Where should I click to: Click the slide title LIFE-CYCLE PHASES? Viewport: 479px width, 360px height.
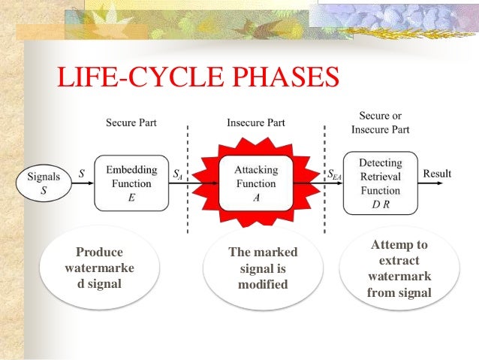pyautogui.click(x=198, y=77)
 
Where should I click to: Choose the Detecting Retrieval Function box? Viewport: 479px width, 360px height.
pyautogui.click(x=380, y=182)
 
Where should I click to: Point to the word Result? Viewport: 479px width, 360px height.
pyautogui.click(x=437, y=174)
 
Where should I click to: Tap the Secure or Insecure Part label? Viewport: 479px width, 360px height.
pyautogui.click(x=380, y=123)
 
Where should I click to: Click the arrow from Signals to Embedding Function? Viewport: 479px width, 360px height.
pyautogui.click(x=81, y=183)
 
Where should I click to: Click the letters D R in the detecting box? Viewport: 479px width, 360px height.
pyautogui.click(x=380, y=204)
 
